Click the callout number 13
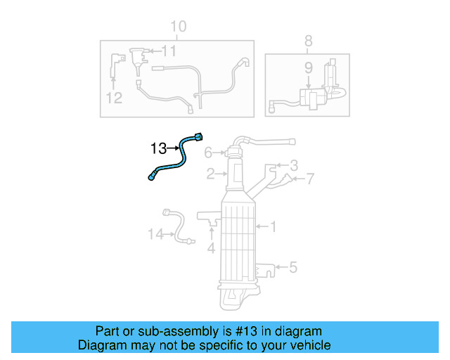click(x=158, y=148)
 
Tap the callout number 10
click(x=179, y=27)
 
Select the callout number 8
click(x=308, y=41)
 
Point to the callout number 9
click(x=308, y=68)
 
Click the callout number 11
click(x=169, y=51)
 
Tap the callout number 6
click(x=208, y=153)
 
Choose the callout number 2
click(x=210, y=173)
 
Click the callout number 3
click(x=294, y=166)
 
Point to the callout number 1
click(x=274, y=226)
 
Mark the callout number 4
click(x=210, y=248)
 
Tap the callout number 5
click(x=293, y=266)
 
